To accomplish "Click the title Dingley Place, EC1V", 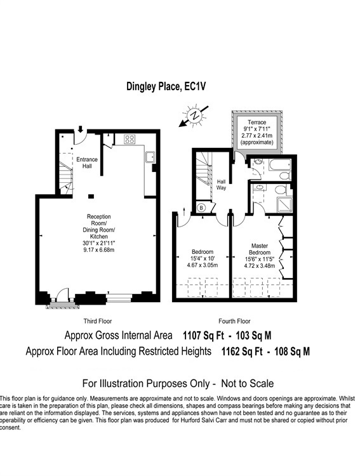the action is [x=166, y=86].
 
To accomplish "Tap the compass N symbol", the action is [x=194, y=116].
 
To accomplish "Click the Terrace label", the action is [x=257, y=122].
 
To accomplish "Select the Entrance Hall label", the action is [x=87, y=162].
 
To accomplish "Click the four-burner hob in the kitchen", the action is [x=130, y=140].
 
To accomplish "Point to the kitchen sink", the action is [x=150, y=157].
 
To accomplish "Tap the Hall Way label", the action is [x=221, y=185].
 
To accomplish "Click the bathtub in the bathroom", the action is [x=280, y=166].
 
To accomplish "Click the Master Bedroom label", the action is [x=260, y=249].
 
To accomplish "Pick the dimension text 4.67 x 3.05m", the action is [x=203, y=265].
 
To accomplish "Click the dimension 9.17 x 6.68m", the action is [x=99, y=250].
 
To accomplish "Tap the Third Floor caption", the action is [x=98, y=321].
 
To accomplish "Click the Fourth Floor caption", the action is [x=234, y=321].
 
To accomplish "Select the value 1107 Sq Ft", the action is [x=203, y=336].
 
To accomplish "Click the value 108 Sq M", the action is [x=292, y=352].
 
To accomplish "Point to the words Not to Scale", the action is [x=247, y=383].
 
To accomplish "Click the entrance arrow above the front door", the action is [x=80, y=129].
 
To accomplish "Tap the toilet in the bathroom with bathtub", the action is [x=285, y=176].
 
